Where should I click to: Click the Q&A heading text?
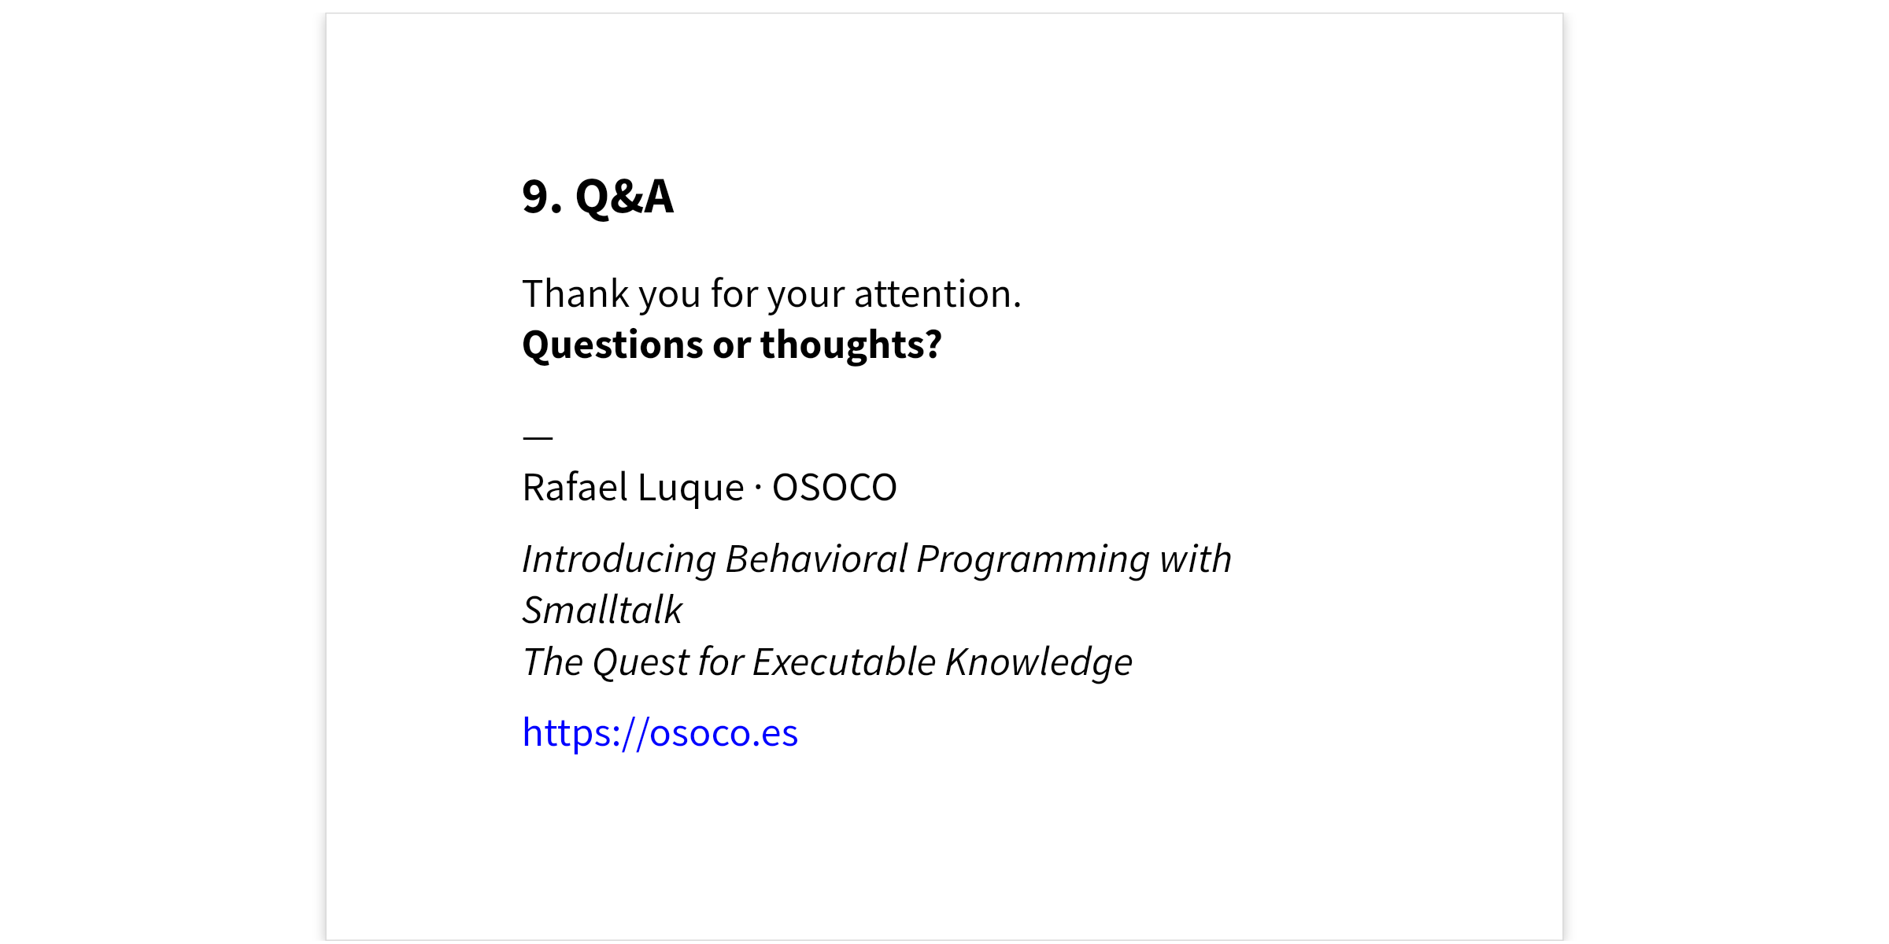tap(624, 197)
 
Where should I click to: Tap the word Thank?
tap(576, 293)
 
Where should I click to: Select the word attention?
tap(937, 294)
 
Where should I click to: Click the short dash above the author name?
tap(538, 437)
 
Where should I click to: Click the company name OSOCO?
tap(834, 488)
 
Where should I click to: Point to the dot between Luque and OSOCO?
tap(758, 488)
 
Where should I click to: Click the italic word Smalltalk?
tap(603, 610)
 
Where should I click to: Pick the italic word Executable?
tap(844, 662)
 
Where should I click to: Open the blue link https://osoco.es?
tap(660, 733)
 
